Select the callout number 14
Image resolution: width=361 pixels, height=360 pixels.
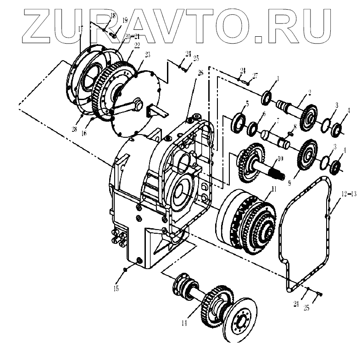184,323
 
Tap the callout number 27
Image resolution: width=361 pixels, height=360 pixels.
255,75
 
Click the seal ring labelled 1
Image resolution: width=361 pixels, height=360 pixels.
266,98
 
